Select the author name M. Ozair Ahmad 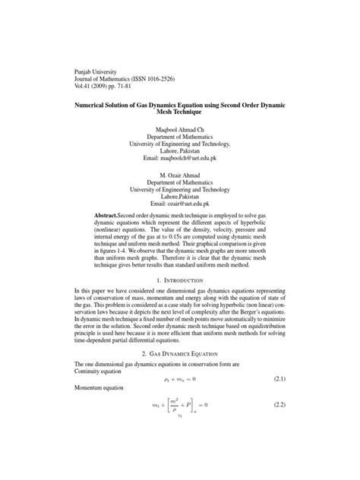tap(180, 175)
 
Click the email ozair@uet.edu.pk tap(180, 205)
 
